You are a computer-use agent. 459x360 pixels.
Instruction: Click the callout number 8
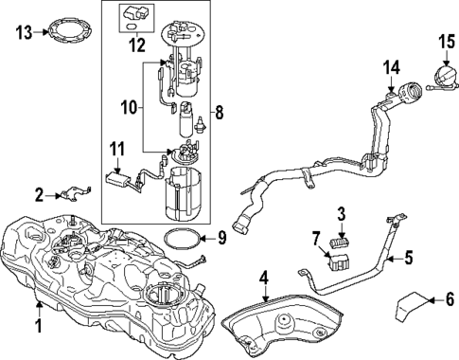(x=221, y=114)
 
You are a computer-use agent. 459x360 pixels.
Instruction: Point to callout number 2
(x=40, y=195)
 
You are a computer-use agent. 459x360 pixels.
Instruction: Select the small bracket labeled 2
(x=73, y=194)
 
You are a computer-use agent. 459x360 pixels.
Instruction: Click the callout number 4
(x=266, y=279)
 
